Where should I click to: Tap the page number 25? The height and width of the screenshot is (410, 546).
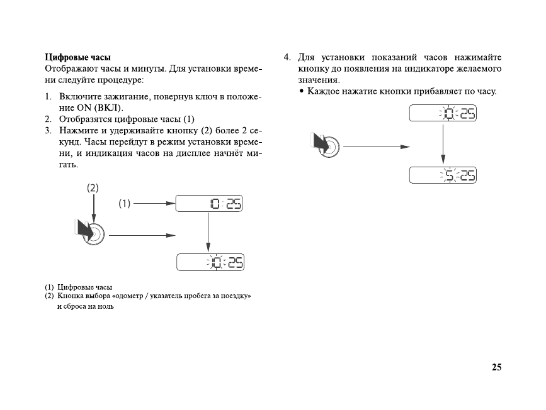coord(496,367)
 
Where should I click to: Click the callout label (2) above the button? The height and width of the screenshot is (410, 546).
coord(93,187)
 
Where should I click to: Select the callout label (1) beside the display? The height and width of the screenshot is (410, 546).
coord(124,203)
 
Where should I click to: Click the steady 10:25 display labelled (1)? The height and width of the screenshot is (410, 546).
coord(208,204)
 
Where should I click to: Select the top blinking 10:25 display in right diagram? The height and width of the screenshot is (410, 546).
coord(443,114)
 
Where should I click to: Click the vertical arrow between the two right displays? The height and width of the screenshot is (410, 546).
coord(443,143)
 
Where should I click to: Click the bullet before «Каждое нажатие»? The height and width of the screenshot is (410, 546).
coord(302,92)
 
